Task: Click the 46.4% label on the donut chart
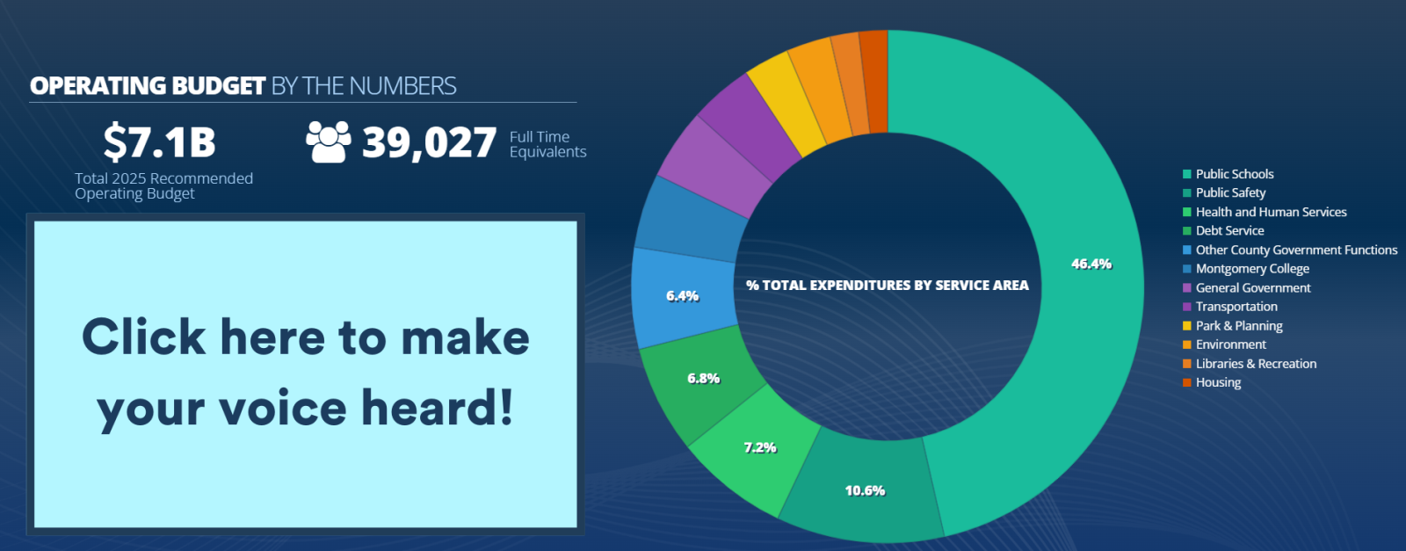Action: (1091, 264)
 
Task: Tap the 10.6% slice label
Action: (865, 490)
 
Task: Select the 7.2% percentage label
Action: (760, 447)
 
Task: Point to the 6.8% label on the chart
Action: (703, 378)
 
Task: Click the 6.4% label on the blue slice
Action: (682, 296)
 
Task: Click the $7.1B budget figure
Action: (159, 142)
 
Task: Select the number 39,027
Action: (429, 142)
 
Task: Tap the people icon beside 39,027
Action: (328, 141)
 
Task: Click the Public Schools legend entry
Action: (1234, 174)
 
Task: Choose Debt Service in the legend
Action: (1229, 231)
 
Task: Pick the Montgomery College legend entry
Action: (1251, 269)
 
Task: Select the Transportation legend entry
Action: (1236, 307)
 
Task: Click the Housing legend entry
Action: (1218, 382)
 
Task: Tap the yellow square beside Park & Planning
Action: (1187, 326)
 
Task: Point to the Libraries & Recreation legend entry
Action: (1256, 364)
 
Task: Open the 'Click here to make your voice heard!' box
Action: (305, 373)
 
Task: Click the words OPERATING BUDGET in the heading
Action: (148, 86)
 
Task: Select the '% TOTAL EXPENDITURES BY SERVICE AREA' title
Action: (887, 286)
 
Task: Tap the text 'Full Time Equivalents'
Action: (547, 144)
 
